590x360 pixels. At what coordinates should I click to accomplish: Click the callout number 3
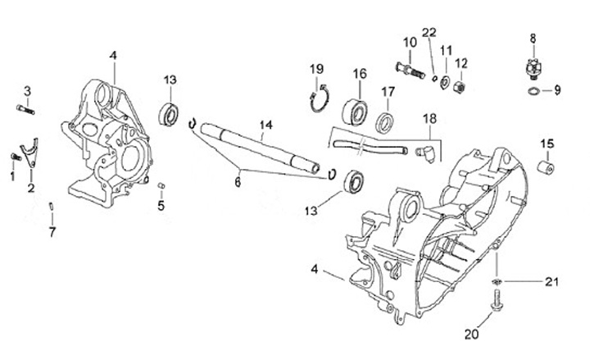[27, 90]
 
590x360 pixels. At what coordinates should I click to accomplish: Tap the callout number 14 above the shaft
[265, 125]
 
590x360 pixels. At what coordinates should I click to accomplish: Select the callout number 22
[427, 32]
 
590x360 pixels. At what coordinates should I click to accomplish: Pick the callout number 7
[52, 232]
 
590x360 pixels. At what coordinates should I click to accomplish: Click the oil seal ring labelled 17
[385, 124]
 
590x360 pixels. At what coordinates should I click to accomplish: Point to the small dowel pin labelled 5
[161, 185]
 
